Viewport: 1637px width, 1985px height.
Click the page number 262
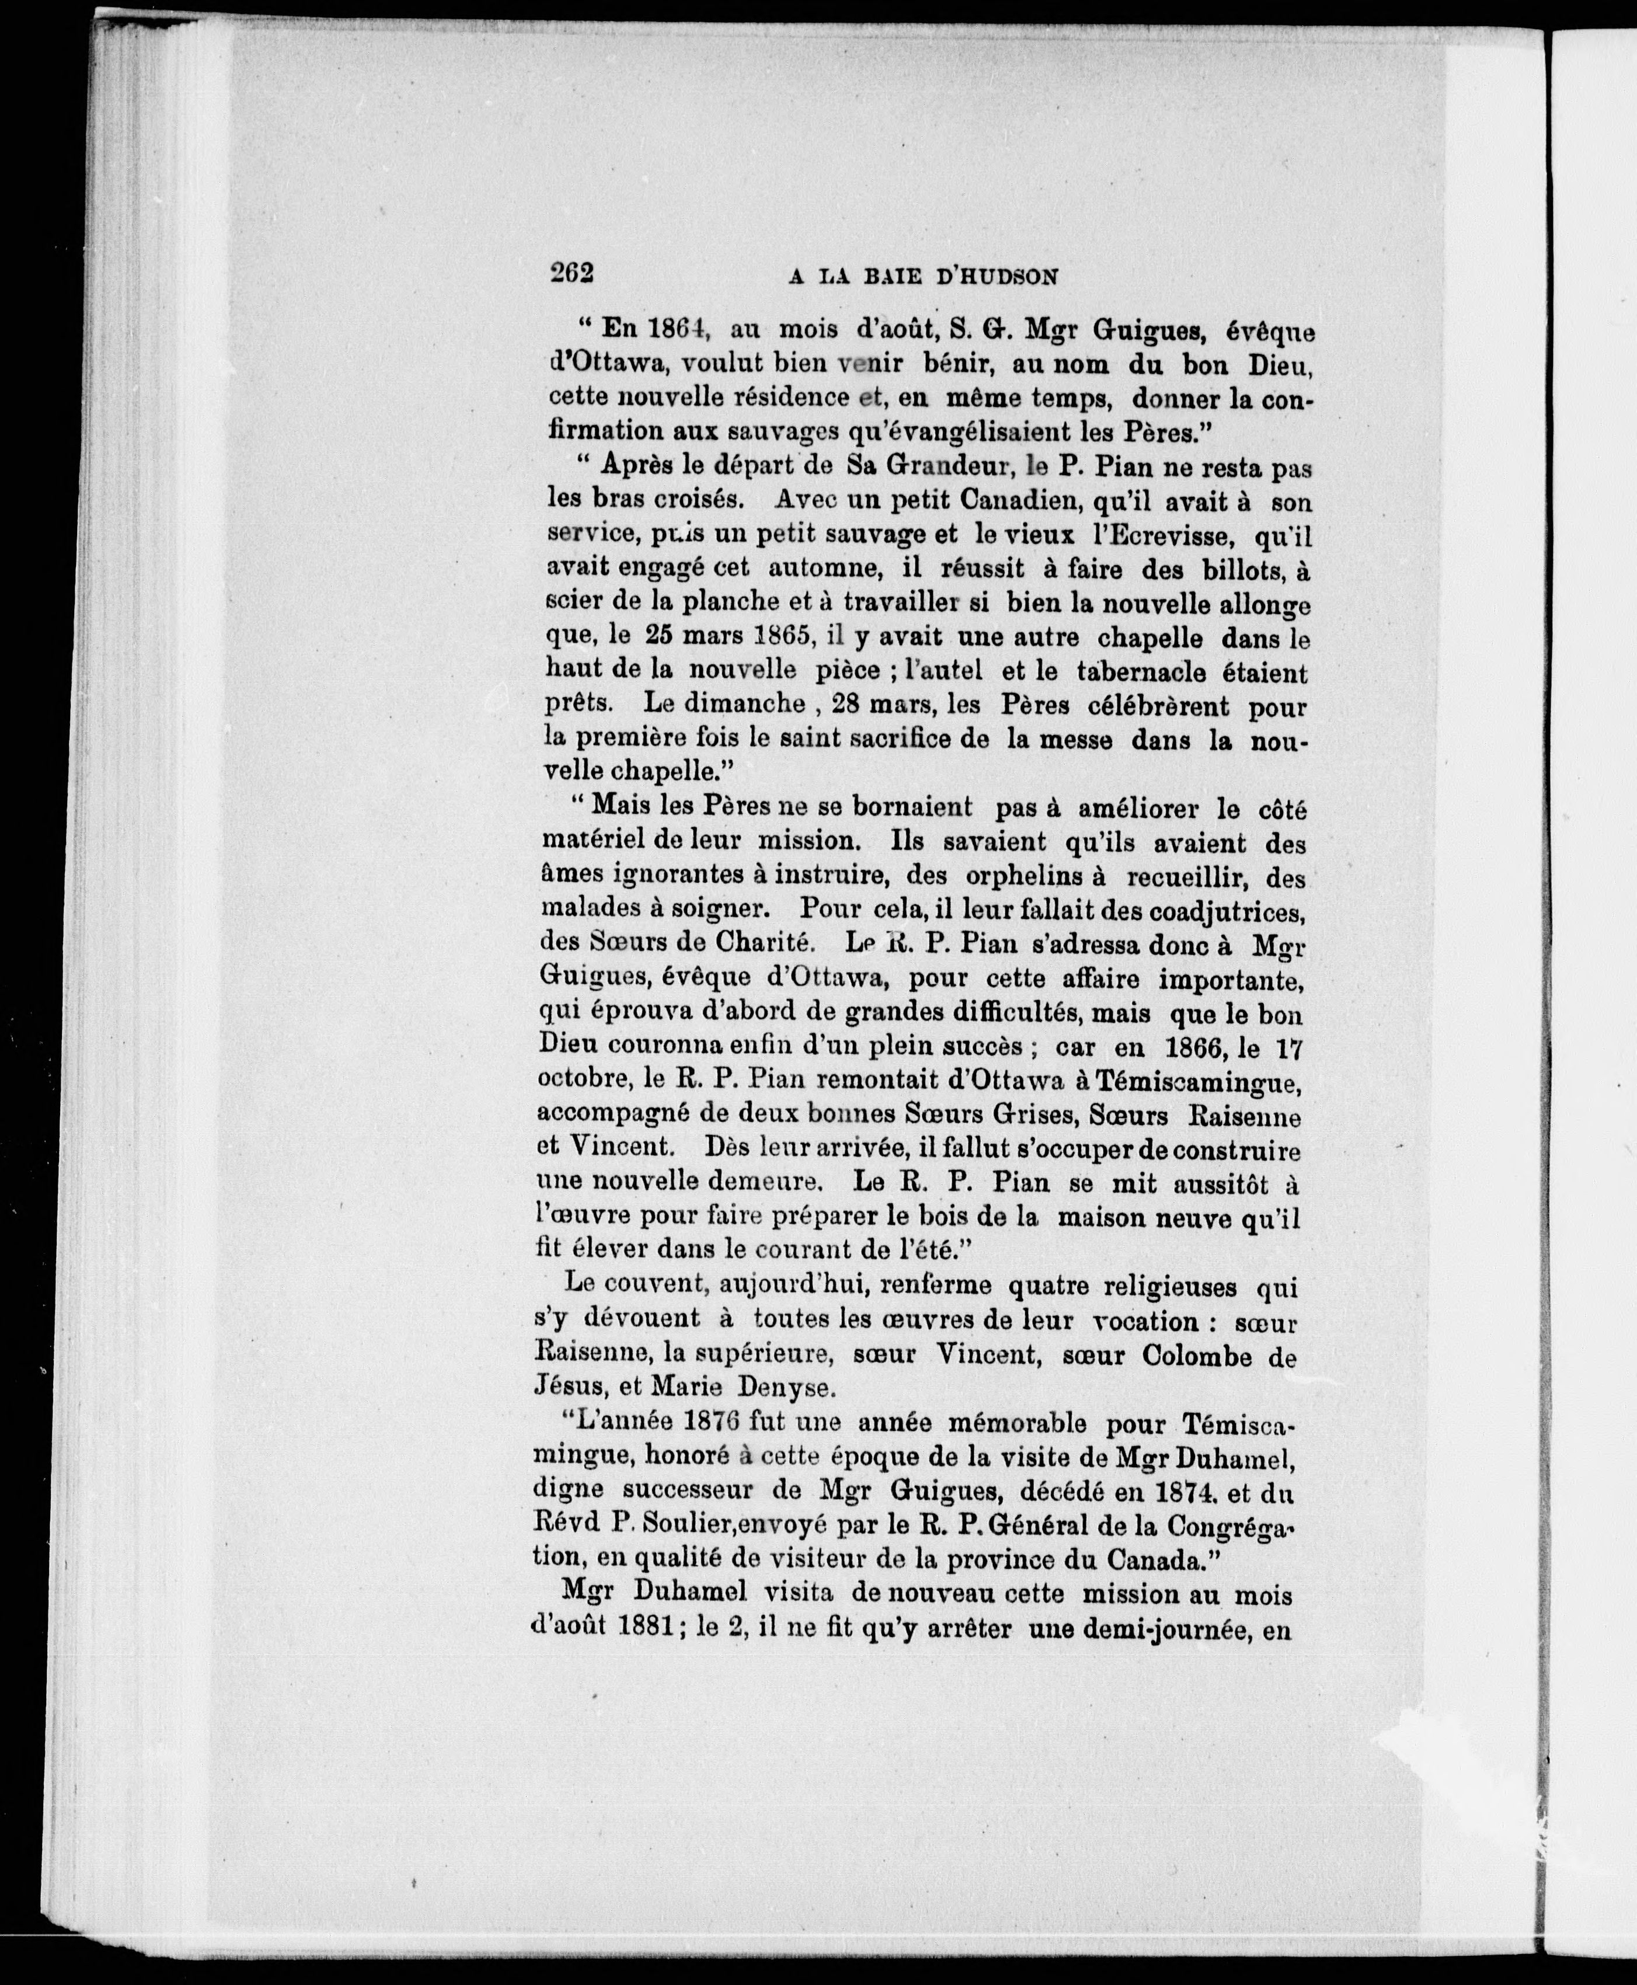point(572,273)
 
